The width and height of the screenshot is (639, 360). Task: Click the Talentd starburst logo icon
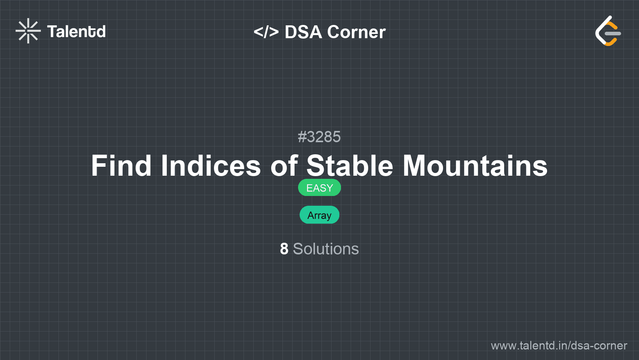(28, 31)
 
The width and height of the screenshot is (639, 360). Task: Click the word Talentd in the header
(76, 32)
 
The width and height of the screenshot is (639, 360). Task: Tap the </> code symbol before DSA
(266, 32)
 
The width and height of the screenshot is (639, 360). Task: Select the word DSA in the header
(304, 32)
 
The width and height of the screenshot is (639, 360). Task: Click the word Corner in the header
(356, 32)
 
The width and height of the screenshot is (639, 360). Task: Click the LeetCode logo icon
(608, 31)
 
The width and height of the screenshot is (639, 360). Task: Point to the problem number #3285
(319, 137)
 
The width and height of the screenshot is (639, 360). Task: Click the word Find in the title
(121, 166)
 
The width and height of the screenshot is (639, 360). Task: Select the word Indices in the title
(211, 166)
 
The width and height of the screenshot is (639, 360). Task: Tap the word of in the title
(284, 166)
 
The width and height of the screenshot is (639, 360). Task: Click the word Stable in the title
(350, 166)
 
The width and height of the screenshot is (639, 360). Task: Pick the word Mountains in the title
(475, 166)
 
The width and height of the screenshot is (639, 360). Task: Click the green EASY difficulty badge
(319, 188)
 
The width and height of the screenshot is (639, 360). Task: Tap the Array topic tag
(319, 215)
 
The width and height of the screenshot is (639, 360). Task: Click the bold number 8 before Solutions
(284, 249)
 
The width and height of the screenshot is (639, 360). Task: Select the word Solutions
(326, 249)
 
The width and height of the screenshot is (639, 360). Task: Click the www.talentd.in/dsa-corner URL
(559, 346)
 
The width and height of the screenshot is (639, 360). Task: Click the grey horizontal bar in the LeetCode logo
(613, 34)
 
